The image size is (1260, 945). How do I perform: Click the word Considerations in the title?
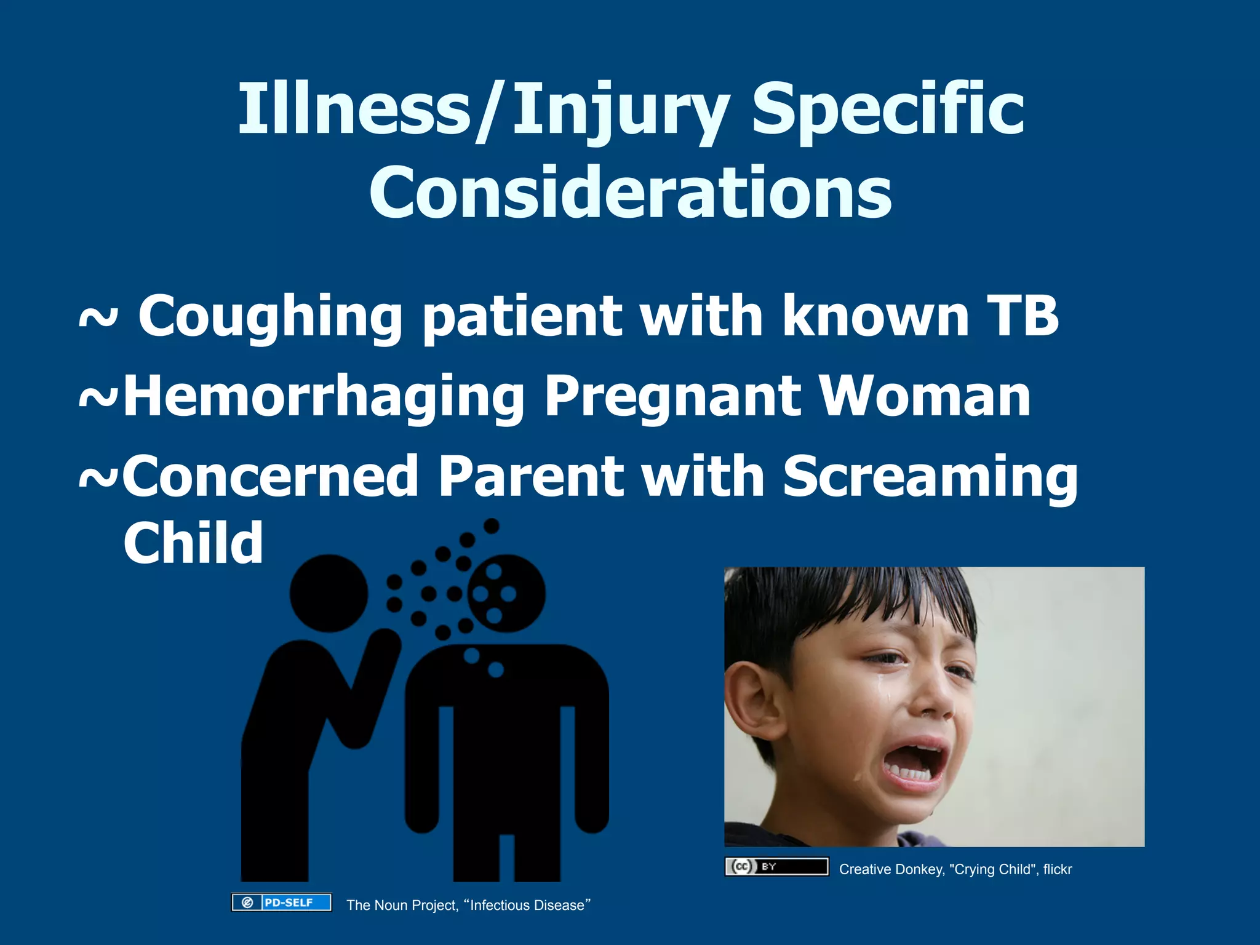coord(630,193)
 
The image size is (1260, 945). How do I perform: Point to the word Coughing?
coord(270,317)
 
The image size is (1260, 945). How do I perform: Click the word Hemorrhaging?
coord(324,399)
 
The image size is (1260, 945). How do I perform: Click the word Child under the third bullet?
coord(193,543)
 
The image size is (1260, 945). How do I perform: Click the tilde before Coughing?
coord(98,319)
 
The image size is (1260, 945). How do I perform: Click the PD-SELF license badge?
coord(281,903)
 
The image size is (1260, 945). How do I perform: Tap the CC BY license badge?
coord(776,867)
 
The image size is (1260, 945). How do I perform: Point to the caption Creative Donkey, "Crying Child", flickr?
coord(955,869)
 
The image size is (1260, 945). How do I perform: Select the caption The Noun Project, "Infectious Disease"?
coord(468,905)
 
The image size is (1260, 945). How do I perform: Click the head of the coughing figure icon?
coord(329,593)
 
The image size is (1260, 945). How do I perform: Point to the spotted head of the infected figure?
coord(507,594)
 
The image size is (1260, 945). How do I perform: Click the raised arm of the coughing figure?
coord(372,683)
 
